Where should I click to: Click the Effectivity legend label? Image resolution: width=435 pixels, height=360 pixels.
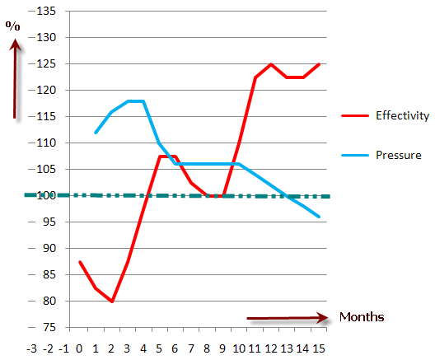point(402,115)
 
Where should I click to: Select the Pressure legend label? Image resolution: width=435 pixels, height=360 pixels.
point(399,155)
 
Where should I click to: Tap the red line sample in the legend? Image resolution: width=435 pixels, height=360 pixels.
point(355,115)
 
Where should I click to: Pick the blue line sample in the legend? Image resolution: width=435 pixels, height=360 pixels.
point(355,156)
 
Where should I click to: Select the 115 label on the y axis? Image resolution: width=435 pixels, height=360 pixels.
point(46,116)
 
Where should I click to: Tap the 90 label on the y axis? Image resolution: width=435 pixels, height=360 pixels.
point(49,248)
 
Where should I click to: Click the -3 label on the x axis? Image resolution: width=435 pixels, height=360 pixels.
point(31,348)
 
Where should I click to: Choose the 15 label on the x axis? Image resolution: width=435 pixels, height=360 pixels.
point(319,348)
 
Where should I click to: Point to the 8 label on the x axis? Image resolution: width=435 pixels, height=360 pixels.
point(207,348)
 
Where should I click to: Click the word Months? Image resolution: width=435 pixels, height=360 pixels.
point(362,317)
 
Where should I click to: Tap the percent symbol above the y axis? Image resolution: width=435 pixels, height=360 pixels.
point(12,26)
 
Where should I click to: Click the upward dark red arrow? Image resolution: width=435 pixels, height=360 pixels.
point(15,79)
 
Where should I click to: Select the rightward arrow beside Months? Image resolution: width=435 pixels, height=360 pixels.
point(288,318)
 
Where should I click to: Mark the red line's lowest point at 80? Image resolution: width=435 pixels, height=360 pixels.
point(112,302)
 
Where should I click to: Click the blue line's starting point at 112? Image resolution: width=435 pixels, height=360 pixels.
point(96,133)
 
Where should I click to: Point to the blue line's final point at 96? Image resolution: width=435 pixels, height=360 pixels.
point(319,217)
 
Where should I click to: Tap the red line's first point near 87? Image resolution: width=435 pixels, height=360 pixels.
point(80,261)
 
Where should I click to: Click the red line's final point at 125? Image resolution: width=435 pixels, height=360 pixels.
point(319,64)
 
